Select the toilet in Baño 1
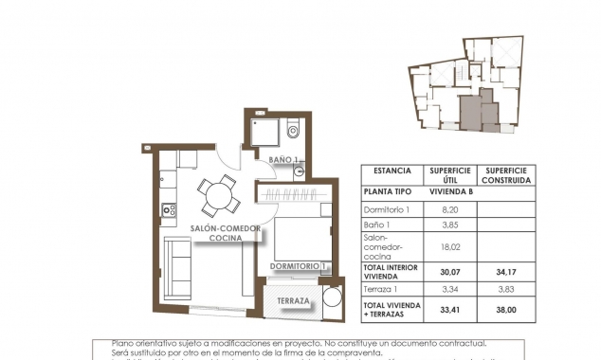292,131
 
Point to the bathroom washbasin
298,171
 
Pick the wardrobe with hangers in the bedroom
294,194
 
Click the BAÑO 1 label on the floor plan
283,159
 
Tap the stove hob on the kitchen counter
169,209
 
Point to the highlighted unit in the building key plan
471,110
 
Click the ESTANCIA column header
392,171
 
